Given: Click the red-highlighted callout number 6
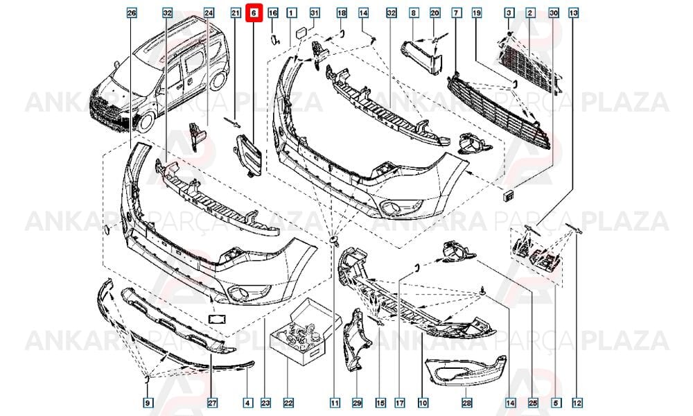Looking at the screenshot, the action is pyautogui.click(x=254, y=13).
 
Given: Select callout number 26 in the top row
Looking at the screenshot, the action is pyautogui.click(x=131, y=13).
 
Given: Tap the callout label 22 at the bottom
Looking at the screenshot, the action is pyautogui.click(x=288, y=403).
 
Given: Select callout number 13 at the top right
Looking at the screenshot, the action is pyautogui.click(x=573, y=13).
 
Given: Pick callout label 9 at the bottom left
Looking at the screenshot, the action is pyautogui.click(x=148, y=403).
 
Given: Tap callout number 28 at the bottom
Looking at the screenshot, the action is pyautogui.click(x=466, y=403).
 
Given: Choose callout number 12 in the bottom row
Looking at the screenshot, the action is pyautogui.click(x=577, y=403).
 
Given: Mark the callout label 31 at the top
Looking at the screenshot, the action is pyautogui.click(x=314, y=12).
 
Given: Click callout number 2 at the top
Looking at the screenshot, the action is pyautogui.click(x=529, y=13).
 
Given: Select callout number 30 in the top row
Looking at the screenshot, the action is pyautogui.click(x=553, y=13).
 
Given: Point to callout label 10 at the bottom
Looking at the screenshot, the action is pyautogui.click(x=423, y=403).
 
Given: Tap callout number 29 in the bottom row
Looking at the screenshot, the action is pyautogui.click(x=357, y=403).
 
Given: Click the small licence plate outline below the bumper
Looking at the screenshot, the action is pyautogui.click(x=216, y=318).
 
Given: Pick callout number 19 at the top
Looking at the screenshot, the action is pyautogui.click(x=477, y=13).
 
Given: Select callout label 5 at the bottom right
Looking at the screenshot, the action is pyautogui.click(x=555, y=403).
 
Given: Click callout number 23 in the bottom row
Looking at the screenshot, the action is pyautogui.click(x=265, y=403).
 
